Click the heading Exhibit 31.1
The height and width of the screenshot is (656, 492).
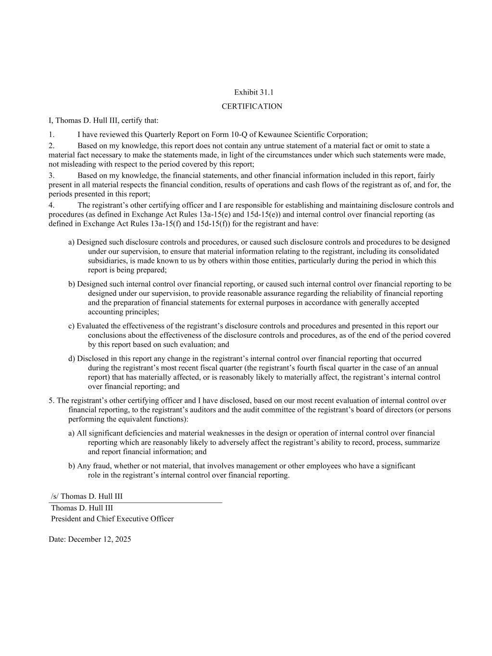click(x=253, y=92)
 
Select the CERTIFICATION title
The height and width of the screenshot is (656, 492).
click(x=252, y=106)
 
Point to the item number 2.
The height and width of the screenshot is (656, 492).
click(x=51, y=146)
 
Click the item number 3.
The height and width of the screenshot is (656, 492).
click(x=51, y=175)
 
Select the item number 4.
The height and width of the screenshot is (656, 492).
click(x=51, y=205)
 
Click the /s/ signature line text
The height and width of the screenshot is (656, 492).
click(x=87, y=496)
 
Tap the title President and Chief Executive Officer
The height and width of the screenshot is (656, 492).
click(x=112, y=519)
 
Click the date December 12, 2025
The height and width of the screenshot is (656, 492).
click(x=99, y=539)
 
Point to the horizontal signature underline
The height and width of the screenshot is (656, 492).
click(x=135, y=503)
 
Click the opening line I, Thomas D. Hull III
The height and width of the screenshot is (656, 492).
click(x=103, y=120)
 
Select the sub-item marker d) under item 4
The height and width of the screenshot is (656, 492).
click(x=72, y=359)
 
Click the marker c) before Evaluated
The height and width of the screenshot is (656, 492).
click(x=72, y=326)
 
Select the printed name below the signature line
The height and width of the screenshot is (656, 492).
click(x=82, y=507)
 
